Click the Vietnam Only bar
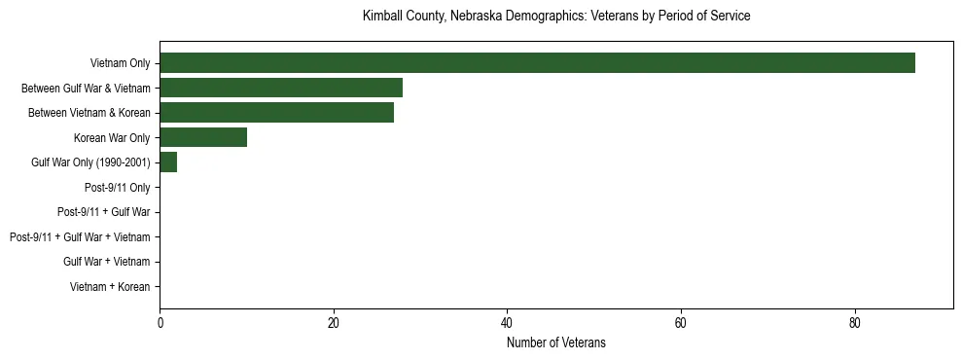coord(537,63)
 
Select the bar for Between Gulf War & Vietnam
coord(281,88)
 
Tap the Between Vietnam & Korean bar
coord(276,113)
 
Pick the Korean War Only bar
coord(203,138)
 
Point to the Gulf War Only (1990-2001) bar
coord(168,162)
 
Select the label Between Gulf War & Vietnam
coord(86,89)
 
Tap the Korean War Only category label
coord(112,138)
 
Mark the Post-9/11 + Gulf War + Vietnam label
coord(80,237)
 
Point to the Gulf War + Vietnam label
coord(107,262)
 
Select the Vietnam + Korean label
coord(110,287)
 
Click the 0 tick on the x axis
coord(160,323)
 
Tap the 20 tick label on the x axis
coord(334,323)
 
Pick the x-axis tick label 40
coord(507,323)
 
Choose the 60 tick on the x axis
coord(681,323)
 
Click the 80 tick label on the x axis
coord(855,323)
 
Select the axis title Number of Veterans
coord(556,342)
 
